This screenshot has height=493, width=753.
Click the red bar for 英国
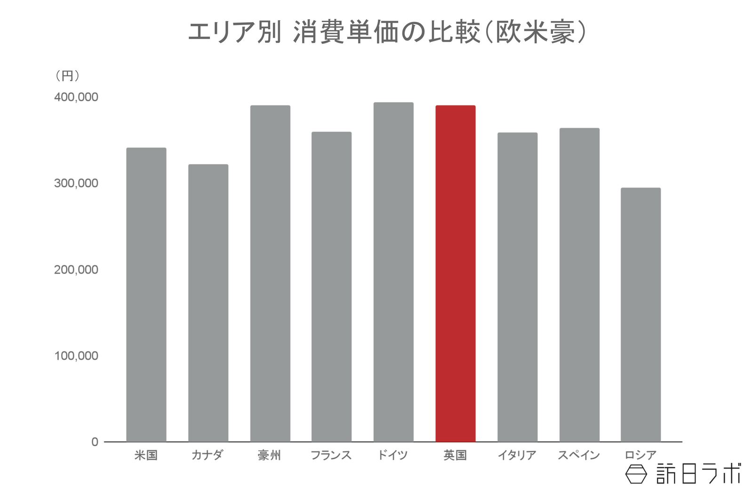point(455,273)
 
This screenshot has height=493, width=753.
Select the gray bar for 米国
point(146,294)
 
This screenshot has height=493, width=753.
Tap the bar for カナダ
point(208,303)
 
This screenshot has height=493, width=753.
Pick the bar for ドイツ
point(393,272)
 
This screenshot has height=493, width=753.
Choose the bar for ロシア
point(641,315)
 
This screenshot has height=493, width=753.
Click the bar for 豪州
point(270,273)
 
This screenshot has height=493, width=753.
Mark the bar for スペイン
point(579,285)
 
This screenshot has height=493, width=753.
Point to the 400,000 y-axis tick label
point(76,97)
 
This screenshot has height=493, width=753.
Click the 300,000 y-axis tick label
point(76,183)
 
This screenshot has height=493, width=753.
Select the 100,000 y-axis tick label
point(76,356)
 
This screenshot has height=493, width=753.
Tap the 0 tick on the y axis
point(95,442)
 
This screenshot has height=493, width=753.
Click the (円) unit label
point(67,76)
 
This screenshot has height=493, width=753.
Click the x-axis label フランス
point(331,455)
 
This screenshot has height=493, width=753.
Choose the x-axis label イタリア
point(517,455)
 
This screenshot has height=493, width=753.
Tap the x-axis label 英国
point(455,455)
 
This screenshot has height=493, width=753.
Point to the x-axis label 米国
point(146,455)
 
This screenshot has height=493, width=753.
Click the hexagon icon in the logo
point(636,474)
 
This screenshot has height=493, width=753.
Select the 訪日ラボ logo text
point(698,474)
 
